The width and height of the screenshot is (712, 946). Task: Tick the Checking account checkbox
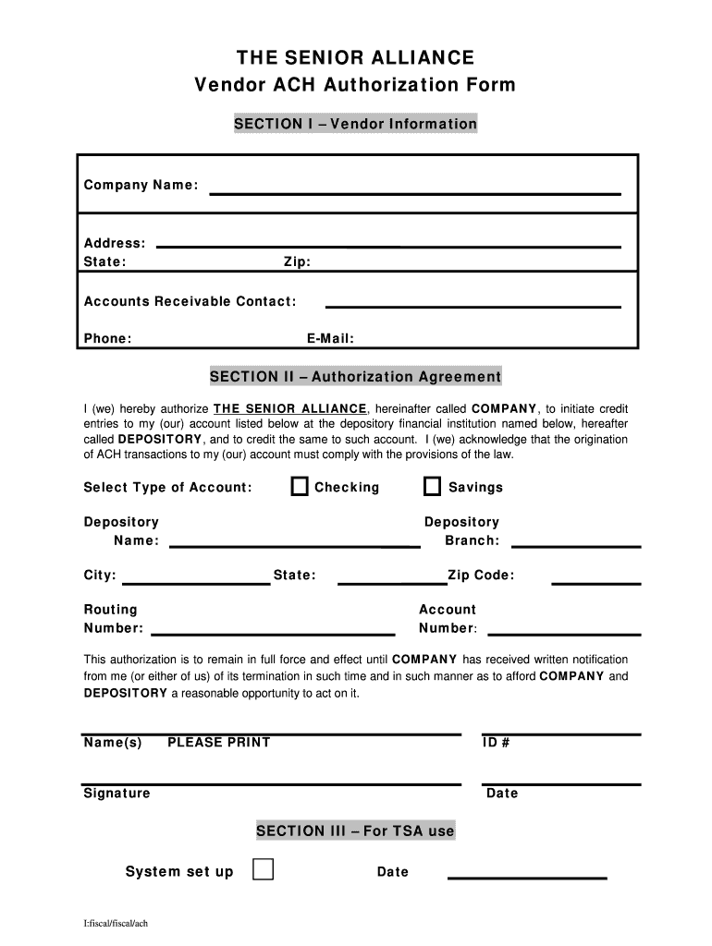[300, 487]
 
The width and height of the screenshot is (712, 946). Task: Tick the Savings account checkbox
[432, 487]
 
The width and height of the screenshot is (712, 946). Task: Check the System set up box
[264, 869]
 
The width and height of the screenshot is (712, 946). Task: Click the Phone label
[107, 338]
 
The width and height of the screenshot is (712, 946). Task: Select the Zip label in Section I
[297, 262]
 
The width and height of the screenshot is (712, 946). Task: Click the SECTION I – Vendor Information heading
[355, 124]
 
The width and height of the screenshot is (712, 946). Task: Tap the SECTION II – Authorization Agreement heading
[355, 376]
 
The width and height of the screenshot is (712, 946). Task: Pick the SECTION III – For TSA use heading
[355, 831]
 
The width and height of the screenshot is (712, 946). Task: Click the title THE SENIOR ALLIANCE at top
[355, 58]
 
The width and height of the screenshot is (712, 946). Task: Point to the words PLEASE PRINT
[219, 742]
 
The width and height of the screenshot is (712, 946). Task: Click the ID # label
[497, 742]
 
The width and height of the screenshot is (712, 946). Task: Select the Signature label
[117, 793]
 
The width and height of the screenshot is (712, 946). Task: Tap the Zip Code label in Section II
[481, 576]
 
